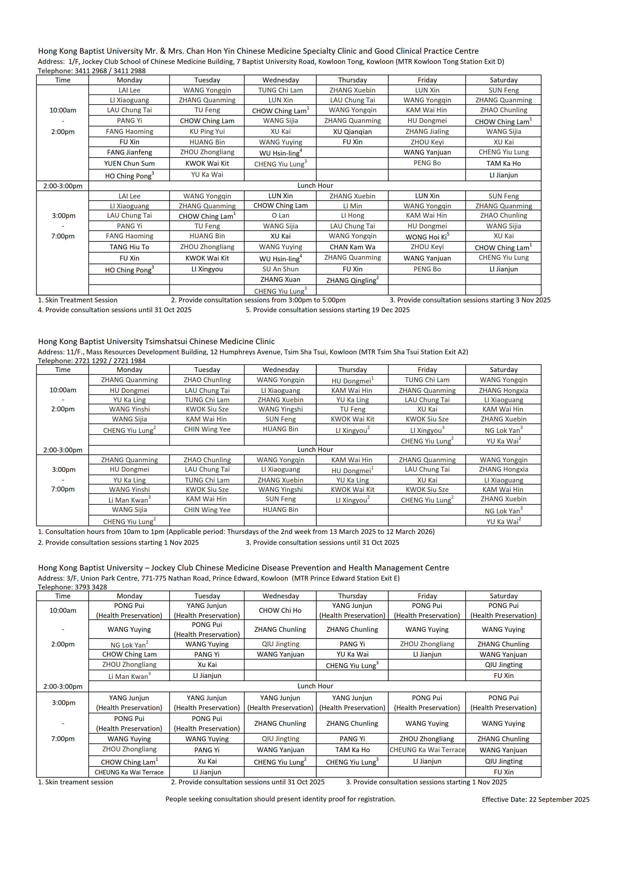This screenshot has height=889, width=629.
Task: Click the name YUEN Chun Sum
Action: coord(129,163)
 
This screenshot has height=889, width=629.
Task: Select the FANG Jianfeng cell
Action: coord(129,152)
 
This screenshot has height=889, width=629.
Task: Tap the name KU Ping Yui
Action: coord(207,132)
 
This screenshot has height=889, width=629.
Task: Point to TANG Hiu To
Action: coord(129,247)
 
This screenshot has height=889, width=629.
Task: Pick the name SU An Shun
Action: coord(280,269)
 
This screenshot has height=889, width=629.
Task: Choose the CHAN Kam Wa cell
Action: coord(352,247)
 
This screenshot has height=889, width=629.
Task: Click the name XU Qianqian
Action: coord(352,132)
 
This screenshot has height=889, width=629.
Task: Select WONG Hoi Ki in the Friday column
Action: coord(427,237)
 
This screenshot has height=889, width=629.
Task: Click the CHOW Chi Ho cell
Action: coord(280,610)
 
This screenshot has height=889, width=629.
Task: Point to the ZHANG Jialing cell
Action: coord(427,132)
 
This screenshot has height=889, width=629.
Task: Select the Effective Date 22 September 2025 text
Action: coord(535,799)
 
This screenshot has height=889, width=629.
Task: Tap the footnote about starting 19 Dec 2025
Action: coord(327,310)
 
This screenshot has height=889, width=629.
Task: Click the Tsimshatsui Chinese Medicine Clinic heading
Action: coord(156,342)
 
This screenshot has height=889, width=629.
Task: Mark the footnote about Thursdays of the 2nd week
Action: coord(236,532)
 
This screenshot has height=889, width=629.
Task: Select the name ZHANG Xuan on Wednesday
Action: coord(280,280)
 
